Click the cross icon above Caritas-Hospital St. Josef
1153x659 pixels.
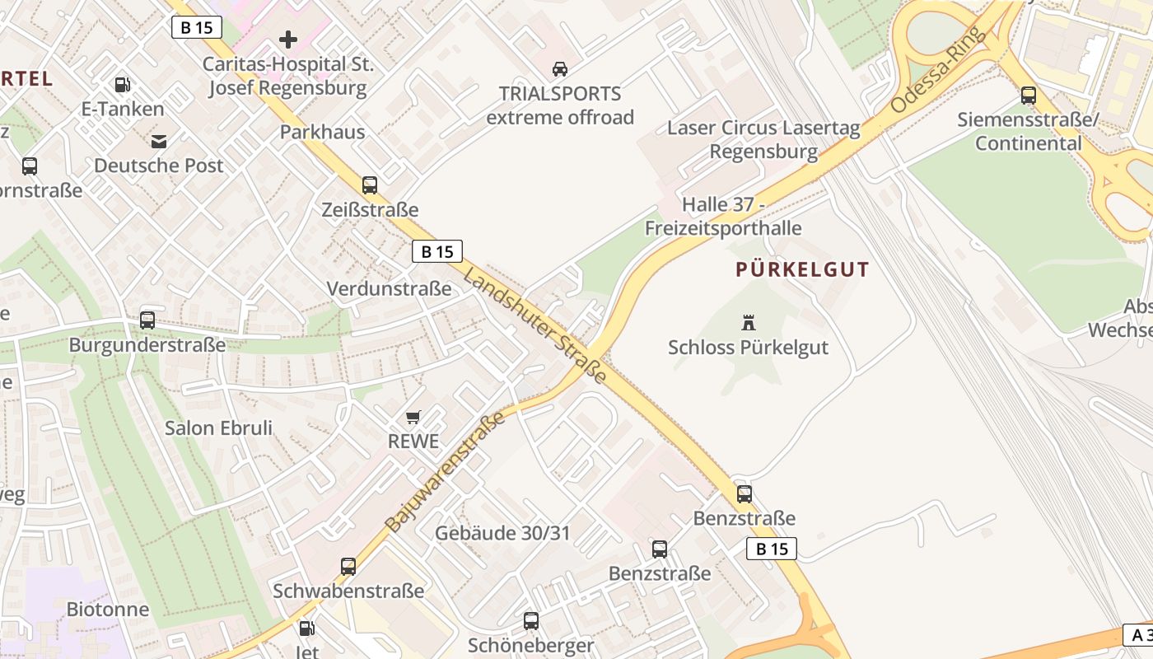[x=287, y=39]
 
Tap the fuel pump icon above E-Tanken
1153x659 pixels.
[x=122, y=84]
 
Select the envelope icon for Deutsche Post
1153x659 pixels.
[x=158, y=141]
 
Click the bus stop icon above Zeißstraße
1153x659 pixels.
[x=370, y=185]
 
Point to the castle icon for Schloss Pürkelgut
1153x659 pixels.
[x=749, y=322]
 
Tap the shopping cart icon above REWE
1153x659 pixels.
[x=413, y=417]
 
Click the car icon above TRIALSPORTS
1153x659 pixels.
[x=560, y=68]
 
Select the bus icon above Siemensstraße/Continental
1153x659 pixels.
[x=1029, y=96]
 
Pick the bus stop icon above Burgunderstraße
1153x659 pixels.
[x=147, y=320]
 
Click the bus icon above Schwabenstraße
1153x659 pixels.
[x=348, y=567]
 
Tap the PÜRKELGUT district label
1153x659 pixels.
[x=802, y=269]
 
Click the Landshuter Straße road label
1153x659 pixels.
[x=534, y=325]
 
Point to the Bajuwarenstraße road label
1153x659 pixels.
[x=445, y=473]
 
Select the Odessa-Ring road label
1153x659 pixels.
[x=939, y=70]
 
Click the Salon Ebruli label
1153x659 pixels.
[x=218, y=428]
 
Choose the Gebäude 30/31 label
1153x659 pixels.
[x=502, y=533]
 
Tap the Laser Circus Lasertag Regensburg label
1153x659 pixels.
[x=763, y=140]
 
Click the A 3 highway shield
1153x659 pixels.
[x=1137, y=635]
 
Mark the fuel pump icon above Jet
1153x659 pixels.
[x=306, y=629]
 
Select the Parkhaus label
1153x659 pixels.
[x=322, y=132]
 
